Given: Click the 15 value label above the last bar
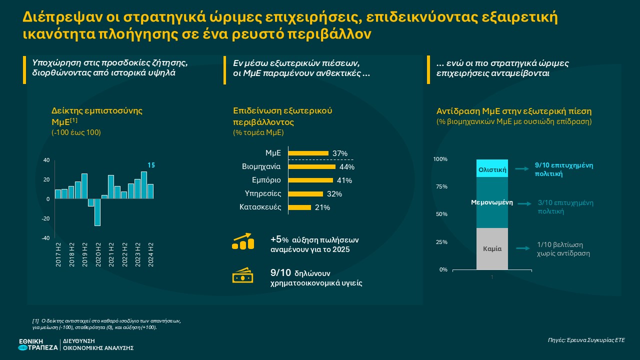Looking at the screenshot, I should pyautogui.click(x=150, y=165).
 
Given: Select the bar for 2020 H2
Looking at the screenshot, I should pyautogui.click(x=97, y=212).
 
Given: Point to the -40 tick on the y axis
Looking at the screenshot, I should pyautogui.click(x=45, y=238).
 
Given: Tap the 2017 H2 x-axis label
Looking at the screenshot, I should pyautogui.click(x=58, y=254).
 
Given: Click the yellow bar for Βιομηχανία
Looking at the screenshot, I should pyautogui.click(x=312, y=166).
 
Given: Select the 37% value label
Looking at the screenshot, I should pyautogui.click(x=340, y=153).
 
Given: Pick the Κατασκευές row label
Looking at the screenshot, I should pyautogui.click(x=260, y=207).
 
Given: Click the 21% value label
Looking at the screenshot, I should pyautogui.click(x=322, y=207).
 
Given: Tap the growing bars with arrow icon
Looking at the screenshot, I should pyautogui.click(x=243, y=241).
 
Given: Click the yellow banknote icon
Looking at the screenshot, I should pyautogui.click(x=243, y=276).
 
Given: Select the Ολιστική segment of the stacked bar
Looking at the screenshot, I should pyautogui.click(x=492, y=169).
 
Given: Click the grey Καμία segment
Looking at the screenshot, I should pyautogui.click(x=492, y=248).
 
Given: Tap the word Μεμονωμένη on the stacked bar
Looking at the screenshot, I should pyautogui.click(x=492, y=203).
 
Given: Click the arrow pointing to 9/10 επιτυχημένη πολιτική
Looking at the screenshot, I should pyautogui.click(x=522, y=169).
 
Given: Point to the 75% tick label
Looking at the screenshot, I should pyautogui.click(x=440, y=186).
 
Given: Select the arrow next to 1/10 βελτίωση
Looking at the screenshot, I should pyautogui.click(x=522, y=248).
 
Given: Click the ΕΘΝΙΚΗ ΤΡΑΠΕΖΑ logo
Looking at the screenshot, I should pyautogui.click(x=37, y=344).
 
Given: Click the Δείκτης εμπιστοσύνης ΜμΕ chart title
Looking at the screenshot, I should pyautogui.click(x=97, y=115).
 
